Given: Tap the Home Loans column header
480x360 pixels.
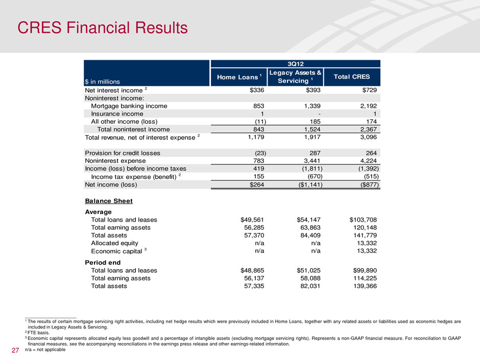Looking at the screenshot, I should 239,77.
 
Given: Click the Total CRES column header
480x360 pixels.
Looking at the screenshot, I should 352,77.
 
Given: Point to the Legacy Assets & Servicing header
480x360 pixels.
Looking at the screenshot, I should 296,77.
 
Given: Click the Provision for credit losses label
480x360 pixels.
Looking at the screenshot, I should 123,153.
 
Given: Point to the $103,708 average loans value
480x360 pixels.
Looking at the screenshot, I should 359,220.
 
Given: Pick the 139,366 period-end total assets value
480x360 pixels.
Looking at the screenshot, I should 363,286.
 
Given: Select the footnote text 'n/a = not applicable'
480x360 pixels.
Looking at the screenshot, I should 45,355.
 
